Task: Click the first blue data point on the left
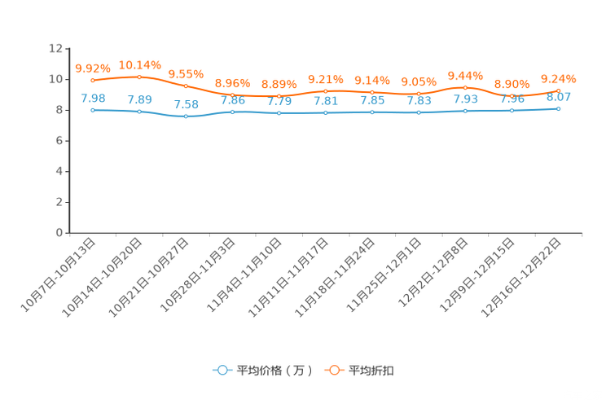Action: (93, 110)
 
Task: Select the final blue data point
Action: (558, 108)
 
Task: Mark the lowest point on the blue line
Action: (187, 116)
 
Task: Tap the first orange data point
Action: (93, 80)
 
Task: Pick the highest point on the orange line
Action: (139, 77)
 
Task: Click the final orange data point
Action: (558, 90)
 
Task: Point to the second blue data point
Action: (139, 112)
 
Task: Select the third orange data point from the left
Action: (187, 86)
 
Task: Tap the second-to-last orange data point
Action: (512, 95)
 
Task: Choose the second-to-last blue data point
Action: (512, 110)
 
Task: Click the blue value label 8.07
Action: (558, 97)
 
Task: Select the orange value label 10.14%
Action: (139, 64)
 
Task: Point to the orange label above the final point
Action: (558, 78)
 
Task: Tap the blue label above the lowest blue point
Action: (187, 105)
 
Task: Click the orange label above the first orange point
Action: (93, 68)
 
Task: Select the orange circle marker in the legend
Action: (334, 370)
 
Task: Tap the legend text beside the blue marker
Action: (274, 371)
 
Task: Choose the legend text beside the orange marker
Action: (372, 371)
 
